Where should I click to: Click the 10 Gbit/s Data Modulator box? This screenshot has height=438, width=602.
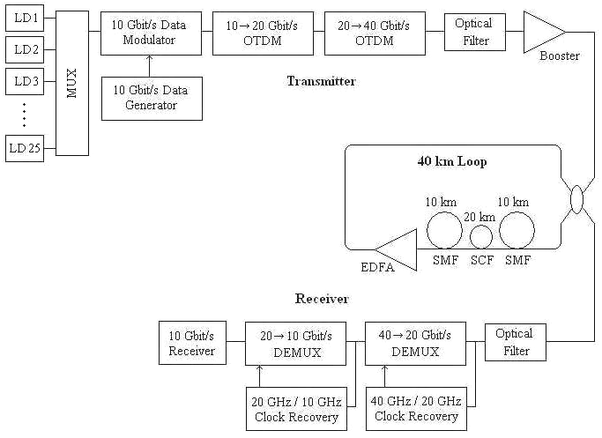tap(151, 32)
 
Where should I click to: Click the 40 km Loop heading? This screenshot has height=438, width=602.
tap(451, 162)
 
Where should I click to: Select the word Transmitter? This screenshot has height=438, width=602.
tap(321, 81)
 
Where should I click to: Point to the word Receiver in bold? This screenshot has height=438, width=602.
tap(322, 299)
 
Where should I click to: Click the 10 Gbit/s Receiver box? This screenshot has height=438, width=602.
tap(191, 344)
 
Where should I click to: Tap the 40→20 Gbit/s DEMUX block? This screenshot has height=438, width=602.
tap(414, 344)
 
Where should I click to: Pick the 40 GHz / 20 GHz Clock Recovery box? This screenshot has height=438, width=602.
tap(414, 408)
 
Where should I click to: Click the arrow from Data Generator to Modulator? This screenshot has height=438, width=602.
tap(151, 64)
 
